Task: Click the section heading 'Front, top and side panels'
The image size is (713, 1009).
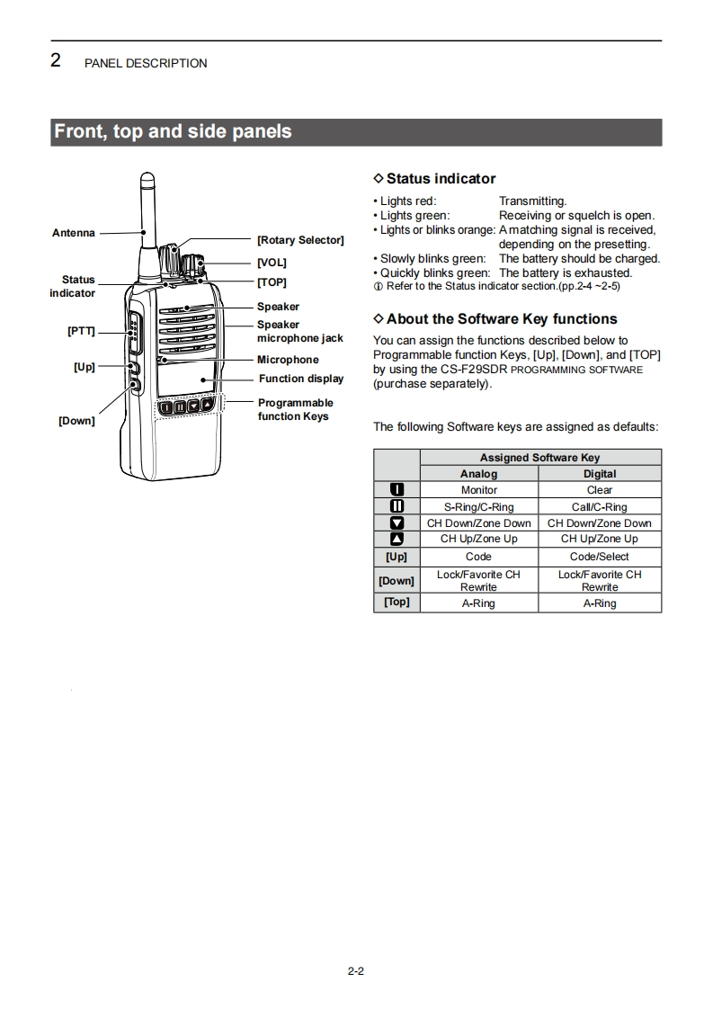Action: pyautogui.click(x=174, y=131)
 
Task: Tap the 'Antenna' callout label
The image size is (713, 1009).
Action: pyautogui.click(x=73, y=233)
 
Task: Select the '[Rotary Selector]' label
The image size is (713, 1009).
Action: pyautogui.click(x=300, y=240)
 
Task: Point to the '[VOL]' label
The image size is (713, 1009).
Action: pyautogui.click(x=272, y=263)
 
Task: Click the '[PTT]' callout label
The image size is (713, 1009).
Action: pyautogui.click(x=81, y=331)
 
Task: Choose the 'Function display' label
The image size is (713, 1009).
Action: pyautogui.click(x=301, y=379)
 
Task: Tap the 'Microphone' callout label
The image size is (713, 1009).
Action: pyautogui.click(x=288, y=360)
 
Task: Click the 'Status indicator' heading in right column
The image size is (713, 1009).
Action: pyautogui.click(x=441, y=179)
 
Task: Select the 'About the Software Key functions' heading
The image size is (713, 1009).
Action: pyautogui.click(x=502, y=319)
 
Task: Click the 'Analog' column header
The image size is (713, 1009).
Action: pyautogui.click(x=478, y=474)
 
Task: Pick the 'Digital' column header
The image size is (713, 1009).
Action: pyautogui.click(x=600, y=474)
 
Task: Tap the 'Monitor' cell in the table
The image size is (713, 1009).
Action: pyautogui.click(x=478, y=490)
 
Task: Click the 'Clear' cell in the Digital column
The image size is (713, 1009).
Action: pyautogui.click(x=600, y=490)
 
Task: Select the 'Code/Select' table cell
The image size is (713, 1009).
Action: pyautogui.click(x=600, y=557)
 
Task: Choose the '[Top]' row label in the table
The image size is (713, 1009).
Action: pyautogui.click(x=397, y=603)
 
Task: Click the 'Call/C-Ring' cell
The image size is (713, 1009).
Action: pyautogui.click(x=600, y=507)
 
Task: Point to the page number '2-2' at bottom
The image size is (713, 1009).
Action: pyautogui.click(x=355, y=970)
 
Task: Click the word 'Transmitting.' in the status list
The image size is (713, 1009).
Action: pyautogui.click(x=533, y=201)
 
